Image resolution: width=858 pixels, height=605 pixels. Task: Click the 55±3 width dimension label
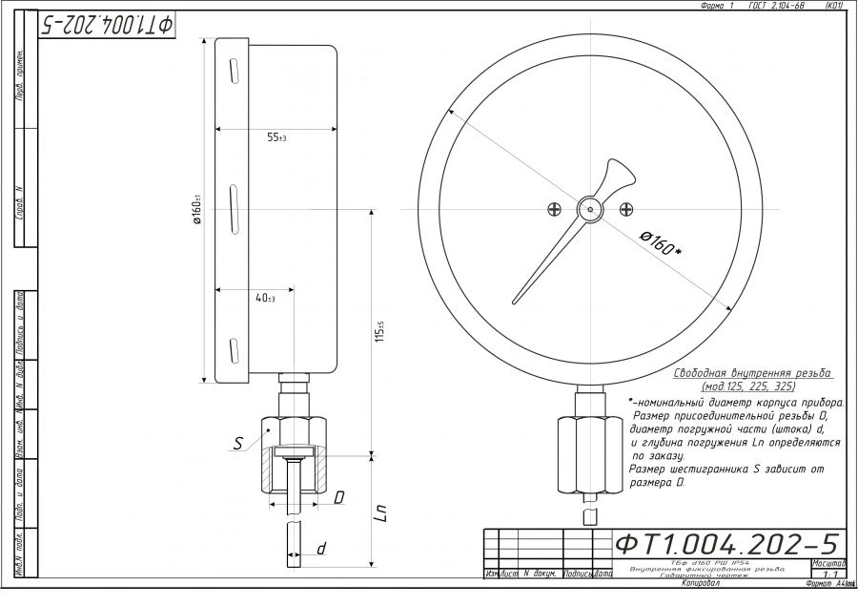click(276, 138)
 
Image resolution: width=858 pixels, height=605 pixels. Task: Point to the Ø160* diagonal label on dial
click(660, 241)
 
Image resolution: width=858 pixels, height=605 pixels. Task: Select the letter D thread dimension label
click(339, 497)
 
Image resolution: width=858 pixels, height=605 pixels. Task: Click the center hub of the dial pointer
click(590, 209)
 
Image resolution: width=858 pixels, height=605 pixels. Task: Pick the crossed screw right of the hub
click(625, 209)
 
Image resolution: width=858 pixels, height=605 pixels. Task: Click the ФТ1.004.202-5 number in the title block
click(726, 544)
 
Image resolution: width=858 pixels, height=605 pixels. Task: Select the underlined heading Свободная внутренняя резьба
click(752, 373)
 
